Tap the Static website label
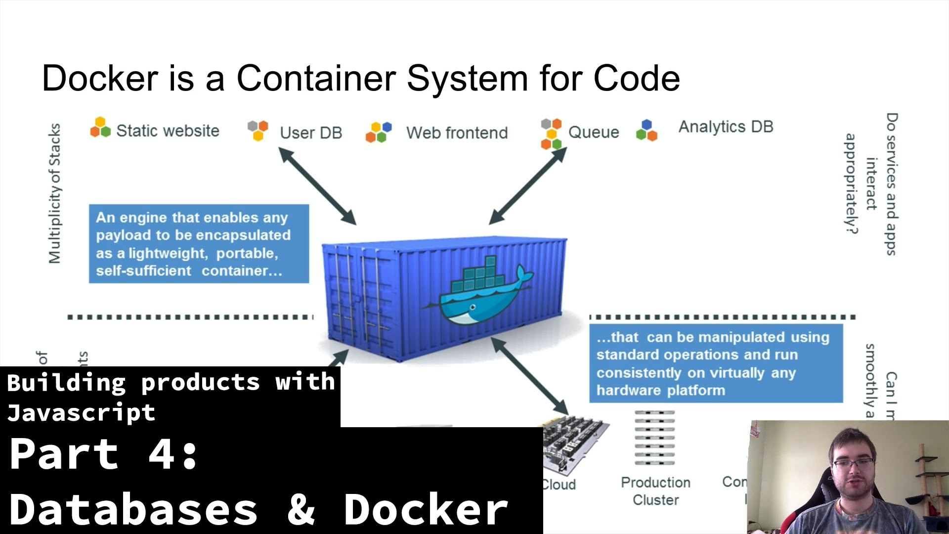(168, 131)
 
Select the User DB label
(311, 133)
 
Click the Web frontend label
(457, 133)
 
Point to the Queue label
(593, 132)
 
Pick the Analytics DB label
(726, 127)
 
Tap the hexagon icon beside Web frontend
(379, 132)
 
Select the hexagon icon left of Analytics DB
(647, 131)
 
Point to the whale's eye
(473, 308)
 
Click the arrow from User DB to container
(317, 185)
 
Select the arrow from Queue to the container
(528, 185)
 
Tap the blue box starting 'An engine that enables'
(199, 244)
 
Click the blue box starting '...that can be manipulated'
(716, 363)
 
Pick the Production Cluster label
(655, 491)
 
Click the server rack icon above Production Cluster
(654, 438)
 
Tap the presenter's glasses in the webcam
(853, 464)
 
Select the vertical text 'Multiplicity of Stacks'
(55, 193)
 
